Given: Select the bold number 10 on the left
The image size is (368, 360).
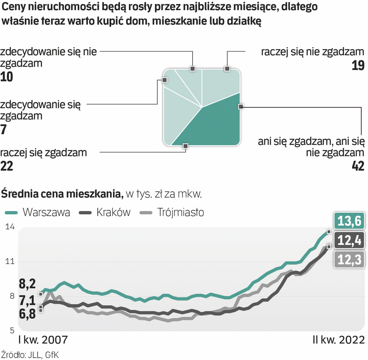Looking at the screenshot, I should coord(6,77).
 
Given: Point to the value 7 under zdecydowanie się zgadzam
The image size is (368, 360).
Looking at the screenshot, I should coord(4,129).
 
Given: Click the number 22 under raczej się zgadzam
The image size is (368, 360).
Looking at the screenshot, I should coord(7,166).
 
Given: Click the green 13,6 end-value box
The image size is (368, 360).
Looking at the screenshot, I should coord(349,221).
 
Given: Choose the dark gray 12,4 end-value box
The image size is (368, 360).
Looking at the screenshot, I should coord(349,240).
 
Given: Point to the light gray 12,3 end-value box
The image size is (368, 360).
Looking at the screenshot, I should coord(349,259).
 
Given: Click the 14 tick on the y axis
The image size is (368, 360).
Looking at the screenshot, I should coord(10,227).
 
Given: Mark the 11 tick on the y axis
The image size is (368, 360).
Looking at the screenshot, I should coord(10,262).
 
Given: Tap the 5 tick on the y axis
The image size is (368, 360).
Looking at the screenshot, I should coord(11,331).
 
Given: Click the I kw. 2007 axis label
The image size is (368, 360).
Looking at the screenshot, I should coord(42,341).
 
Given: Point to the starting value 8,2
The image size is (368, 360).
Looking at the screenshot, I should coord(27,284).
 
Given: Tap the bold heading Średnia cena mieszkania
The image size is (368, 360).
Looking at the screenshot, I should coord(62,193).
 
